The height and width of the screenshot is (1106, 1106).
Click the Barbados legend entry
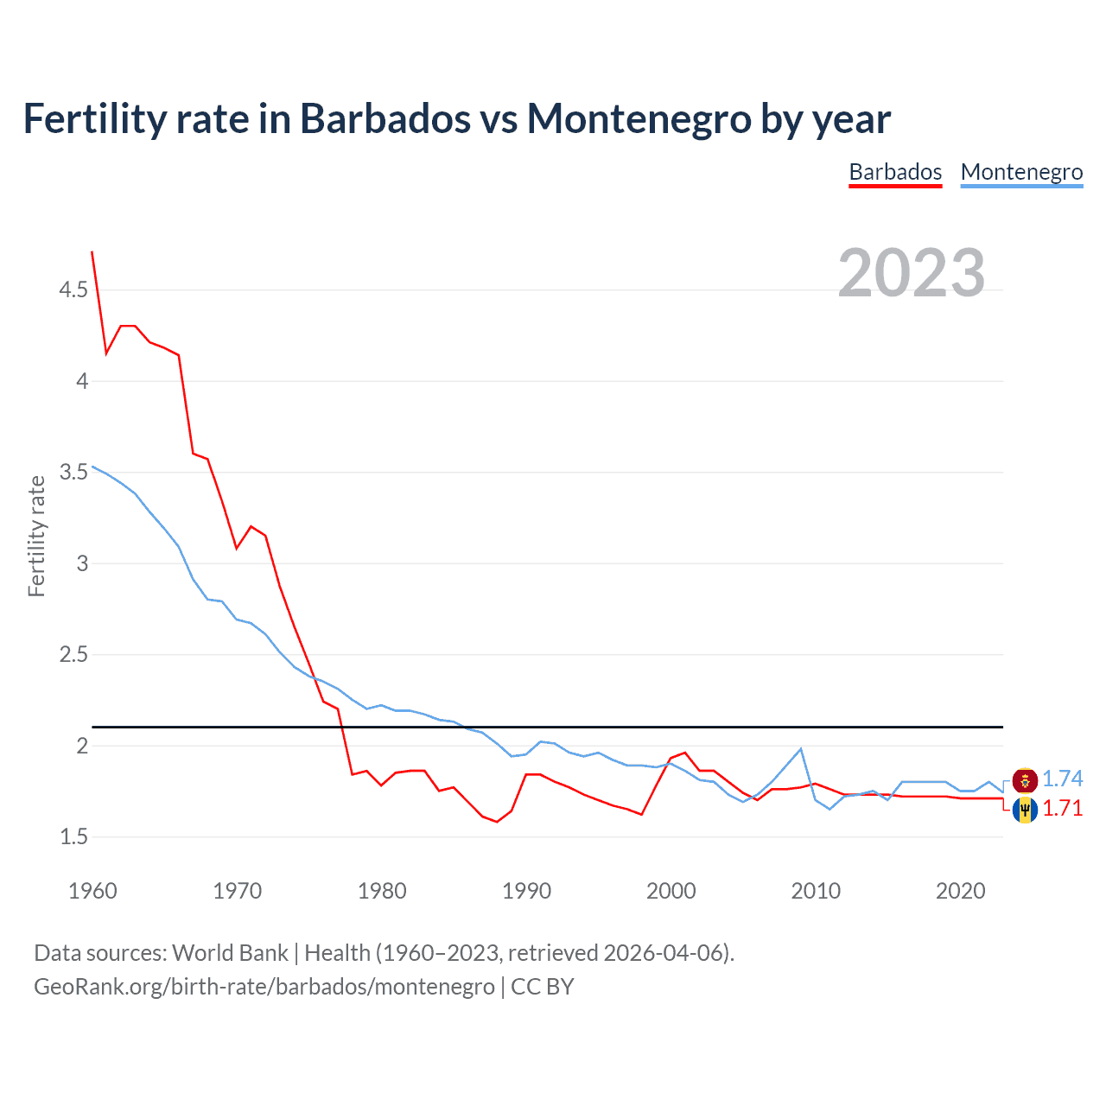tap(895, 172)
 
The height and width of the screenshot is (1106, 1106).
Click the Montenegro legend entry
tap(1021, 172)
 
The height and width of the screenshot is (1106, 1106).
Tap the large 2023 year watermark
tap(912, 273)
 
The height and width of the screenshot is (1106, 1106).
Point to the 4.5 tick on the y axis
tap(73, 290)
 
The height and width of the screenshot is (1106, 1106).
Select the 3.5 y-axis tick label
tap(73, 473)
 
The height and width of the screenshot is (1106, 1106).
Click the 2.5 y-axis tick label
tap(73, 655)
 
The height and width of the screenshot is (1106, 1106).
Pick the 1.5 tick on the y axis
tap(73, 837)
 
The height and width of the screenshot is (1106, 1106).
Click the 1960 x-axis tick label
tap(92, 891)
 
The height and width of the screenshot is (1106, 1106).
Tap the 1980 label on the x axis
tap(382, 891)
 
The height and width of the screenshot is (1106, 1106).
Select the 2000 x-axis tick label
tap(671, 891)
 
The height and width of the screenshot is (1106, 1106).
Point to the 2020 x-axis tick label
tap(960, 891)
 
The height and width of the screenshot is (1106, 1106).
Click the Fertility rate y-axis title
tap(36, 536)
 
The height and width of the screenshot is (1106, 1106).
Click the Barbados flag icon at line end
tap(1025, 810)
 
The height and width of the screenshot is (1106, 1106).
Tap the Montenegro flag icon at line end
tap(1025, 780)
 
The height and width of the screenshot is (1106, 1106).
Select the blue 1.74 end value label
tap(1062, 779)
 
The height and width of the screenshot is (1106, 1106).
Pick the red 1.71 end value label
tap(1062, 809)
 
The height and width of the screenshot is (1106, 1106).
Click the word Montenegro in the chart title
tap(639, 118)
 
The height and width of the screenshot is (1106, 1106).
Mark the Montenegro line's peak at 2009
tap(801, 749)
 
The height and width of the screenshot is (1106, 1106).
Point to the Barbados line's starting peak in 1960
tap(92, 252)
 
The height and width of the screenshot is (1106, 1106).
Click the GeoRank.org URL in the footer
tap(264, 987)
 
